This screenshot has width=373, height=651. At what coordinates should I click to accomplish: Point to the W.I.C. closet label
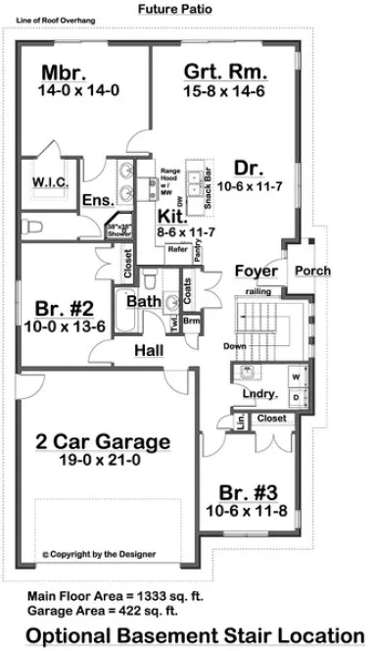click(x=48, y=182)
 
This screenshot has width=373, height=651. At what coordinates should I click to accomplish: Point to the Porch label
click(x=312, y=271)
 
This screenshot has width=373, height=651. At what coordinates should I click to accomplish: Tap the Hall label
click(x=150, y=349)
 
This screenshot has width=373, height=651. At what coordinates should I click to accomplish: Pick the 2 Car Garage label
click(x=104, y=440)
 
